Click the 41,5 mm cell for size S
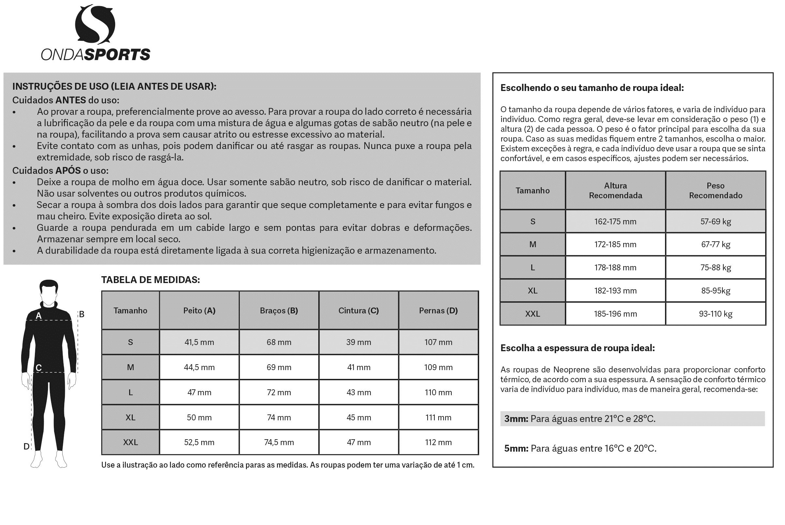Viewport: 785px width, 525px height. pos(199,342)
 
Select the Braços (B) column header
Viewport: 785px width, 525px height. pos(279,310)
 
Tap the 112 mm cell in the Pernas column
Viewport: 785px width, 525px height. pos(438,442)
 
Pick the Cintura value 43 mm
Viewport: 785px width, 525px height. pos(358,392)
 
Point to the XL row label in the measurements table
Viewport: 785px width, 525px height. pos(130,417)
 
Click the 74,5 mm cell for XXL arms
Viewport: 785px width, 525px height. pos(279,442)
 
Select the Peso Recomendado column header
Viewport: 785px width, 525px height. pos(715,190)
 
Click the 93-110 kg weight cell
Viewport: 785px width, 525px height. pos(715,314)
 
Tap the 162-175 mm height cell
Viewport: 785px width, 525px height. pos(615,221)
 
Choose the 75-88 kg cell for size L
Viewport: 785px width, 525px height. pos(715,267)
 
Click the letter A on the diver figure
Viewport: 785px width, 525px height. pos(38,316)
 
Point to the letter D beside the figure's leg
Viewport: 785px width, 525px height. pos(26,446)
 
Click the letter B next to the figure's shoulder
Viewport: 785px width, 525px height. pos(82,314)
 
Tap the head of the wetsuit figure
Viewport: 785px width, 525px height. pos(49,291)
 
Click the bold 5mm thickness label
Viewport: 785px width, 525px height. pos(516,448)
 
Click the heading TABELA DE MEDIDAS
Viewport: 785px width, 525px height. pos(150,280)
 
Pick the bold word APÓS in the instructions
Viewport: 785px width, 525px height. pos(68,171)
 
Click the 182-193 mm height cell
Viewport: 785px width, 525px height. pos(615,291)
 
